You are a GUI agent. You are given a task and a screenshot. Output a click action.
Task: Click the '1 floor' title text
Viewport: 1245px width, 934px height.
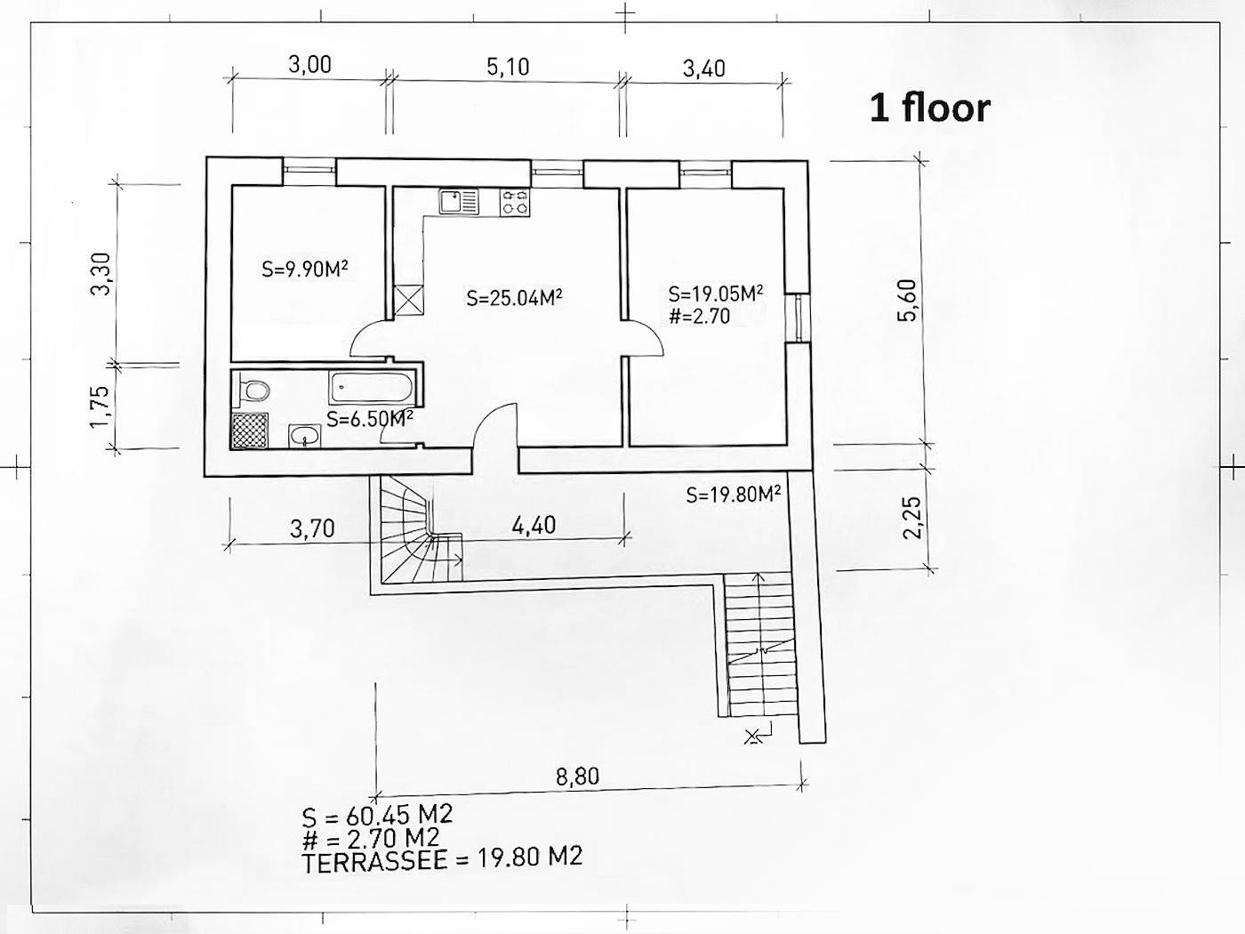click(930, 108)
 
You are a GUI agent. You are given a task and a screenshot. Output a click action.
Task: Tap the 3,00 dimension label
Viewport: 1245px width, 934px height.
click(309, 64)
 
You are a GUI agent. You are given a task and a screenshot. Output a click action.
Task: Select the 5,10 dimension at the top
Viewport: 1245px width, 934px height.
click(508, 67)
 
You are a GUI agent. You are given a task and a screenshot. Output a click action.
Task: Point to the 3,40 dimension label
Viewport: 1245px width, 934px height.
click(704, 68)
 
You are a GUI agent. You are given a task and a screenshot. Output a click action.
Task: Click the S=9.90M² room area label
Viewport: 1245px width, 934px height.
click(305, 269)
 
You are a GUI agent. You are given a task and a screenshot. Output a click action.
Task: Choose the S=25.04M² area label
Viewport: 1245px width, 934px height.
click(514, 298)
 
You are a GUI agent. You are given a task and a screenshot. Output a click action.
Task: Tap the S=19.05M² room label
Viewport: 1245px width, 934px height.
click(716, 294)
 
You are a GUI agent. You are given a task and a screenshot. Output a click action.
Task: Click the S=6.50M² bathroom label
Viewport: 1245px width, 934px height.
click(369, 419)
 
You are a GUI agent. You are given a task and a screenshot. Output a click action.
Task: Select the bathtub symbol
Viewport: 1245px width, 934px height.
click(372, 388)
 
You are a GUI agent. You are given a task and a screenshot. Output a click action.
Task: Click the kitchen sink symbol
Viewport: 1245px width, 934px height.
click(459, 202)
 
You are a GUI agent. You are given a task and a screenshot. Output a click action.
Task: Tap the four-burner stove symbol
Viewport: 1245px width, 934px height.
click(515, 203)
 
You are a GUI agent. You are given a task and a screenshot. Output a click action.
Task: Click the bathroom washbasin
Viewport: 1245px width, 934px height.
click(305, 437)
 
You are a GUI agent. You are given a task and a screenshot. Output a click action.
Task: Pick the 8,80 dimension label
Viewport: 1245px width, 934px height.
click(577, 776)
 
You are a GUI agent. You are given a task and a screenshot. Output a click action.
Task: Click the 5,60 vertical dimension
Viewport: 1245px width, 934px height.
click(907, 301)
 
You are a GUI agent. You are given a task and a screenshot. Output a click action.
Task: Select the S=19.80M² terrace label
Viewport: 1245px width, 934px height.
click(734, 494)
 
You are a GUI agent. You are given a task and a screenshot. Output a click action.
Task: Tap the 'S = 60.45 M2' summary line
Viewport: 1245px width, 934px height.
click(377, 816)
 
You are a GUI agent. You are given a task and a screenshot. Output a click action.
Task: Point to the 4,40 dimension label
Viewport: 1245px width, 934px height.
click(534, 525)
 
